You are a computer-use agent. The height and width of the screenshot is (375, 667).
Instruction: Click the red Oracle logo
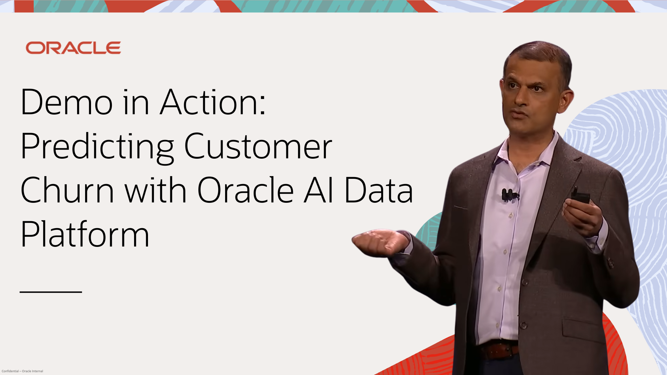[x=73, y=48]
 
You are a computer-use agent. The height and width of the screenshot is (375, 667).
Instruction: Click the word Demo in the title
[x=67, y=102]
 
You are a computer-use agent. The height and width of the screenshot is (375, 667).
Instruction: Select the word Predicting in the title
[x=97, y=148]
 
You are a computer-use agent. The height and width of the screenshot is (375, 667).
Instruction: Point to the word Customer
[x=258, y=146]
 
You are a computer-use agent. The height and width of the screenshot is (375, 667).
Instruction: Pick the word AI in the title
[x=319, y=190]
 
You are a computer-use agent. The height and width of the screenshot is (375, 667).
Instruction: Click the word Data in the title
[x=379, y=190]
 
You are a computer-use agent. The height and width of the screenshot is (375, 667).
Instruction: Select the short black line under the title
[x=51, y=292]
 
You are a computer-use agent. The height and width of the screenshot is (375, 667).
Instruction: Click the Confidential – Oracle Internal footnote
[x=22, y=371]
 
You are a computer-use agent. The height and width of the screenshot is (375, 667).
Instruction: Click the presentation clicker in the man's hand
[x=580, y=195]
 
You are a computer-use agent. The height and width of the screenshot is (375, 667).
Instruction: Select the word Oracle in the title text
[x=246, y=190]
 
